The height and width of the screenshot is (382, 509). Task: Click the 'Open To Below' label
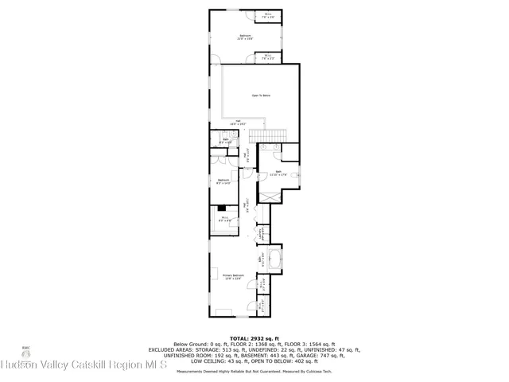click(x=261, y=95)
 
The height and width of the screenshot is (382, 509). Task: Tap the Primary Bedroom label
click(x=233, y=276)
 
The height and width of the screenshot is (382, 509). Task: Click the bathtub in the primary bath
click(x=276, y=258)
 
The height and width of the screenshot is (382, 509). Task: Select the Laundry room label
click(x=260, y=232)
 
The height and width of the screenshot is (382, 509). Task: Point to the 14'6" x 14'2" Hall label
click(x=238, y=123)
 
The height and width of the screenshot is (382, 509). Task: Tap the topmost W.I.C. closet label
click(x=269, y=14)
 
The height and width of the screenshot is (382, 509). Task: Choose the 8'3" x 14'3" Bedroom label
click(x=224, y=181)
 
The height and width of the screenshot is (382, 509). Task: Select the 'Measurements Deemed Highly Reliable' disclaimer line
click(x=254, y=371)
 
